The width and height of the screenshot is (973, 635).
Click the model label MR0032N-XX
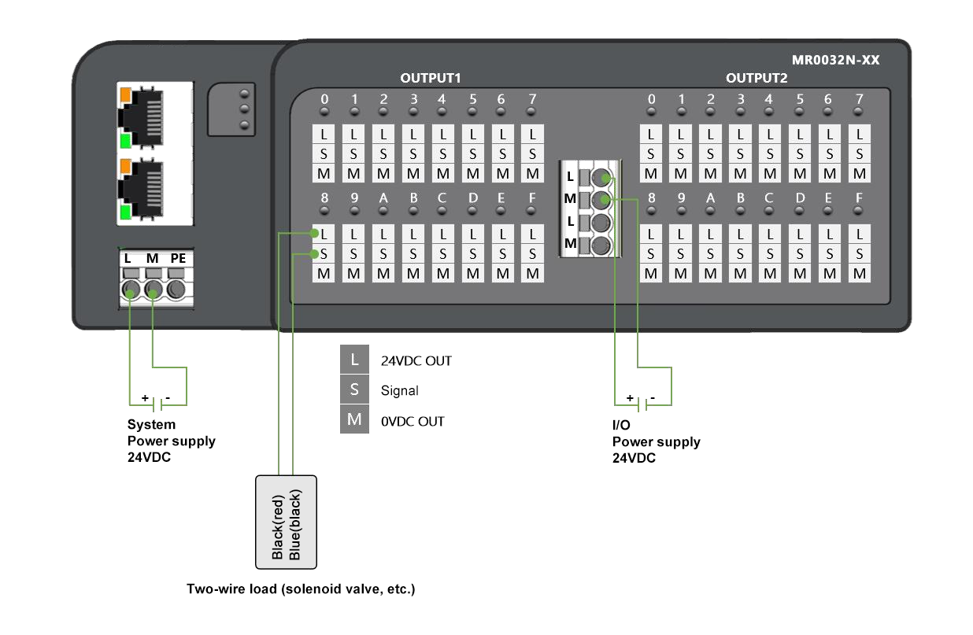point(835,61)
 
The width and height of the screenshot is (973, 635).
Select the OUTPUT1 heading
point(430,78)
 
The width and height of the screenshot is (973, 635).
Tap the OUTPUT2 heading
point(757,78)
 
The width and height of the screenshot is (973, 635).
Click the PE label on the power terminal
point(178,258)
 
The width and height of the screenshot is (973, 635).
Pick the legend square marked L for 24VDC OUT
point(355,360)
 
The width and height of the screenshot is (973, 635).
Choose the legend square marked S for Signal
point(355,389)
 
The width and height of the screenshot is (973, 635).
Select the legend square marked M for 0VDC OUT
point(355,419)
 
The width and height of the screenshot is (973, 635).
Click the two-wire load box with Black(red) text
point(286,522)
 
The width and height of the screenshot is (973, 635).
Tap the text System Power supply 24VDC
point(171,441)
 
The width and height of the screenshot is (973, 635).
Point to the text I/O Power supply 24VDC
point(656,441)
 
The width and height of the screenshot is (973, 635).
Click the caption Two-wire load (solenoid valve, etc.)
point(300,589)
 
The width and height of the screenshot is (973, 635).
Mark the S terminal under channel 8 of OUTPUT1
point(324,253)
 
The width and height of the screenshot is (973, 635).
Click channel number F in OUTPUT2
point(859,198)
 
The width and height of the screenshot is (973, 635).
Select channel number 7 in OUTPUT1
point(532,99)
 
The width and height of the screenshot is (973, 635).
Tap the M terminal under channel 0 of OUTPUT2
point(651,173)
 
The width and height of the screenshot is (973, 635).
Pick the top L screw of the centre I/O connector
point(601,177)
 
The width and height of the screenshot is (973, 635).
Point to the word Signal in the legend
point(399,390)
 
